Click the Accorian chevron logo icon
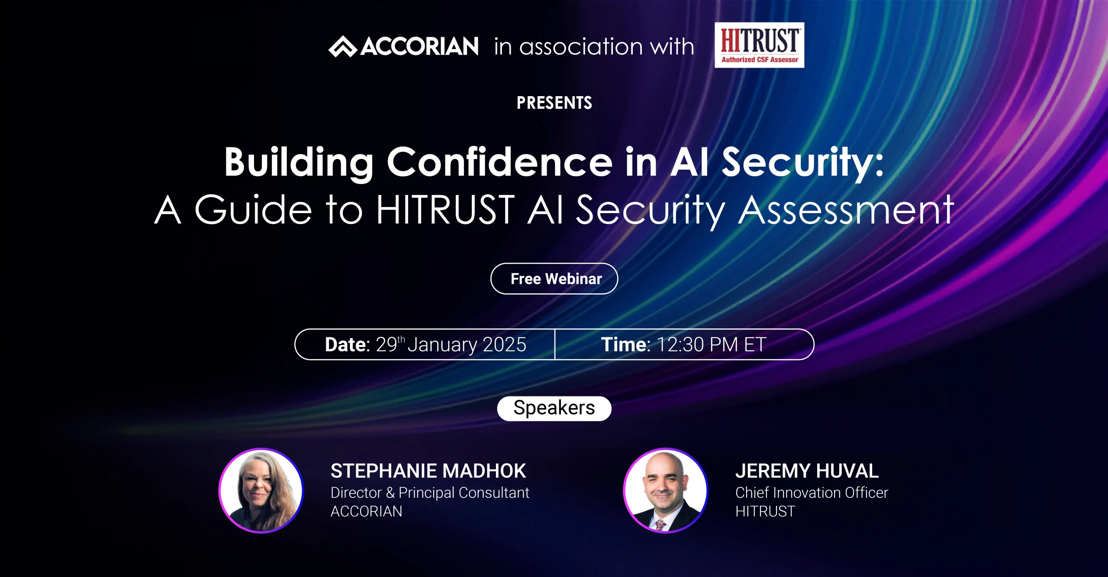coord(343,46)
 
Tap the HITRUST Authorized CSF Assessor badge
coord(759,45)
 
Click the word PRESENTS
coord(554,103)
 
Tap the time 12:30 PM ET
coord(711,345)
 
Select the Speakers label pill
coord(554,408)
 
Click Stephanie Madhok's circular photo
coord(261,490)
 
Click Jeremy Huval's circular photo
coord(666,490)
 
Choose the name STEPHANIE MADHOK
coord(428,471)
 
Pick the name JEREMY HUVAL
coord(807,471)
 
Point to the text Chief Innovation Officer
coord(812,493)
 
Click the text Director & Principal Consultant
coord(430,493)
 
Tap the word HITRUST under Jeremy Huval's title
coord(765,512)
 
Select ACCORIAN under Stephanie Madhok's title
coord(366,512)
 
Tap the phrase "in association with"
coord(594,46)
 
